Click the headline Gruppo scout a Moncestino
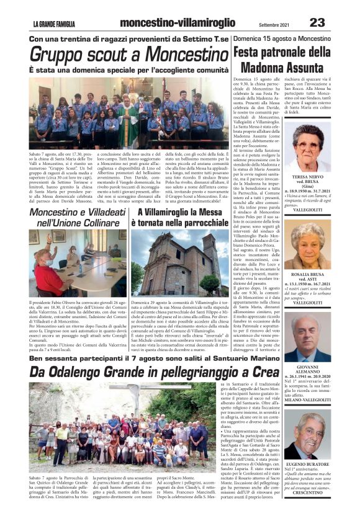[129, 54]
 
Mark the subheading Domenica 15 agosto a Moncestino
[290, 38]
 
